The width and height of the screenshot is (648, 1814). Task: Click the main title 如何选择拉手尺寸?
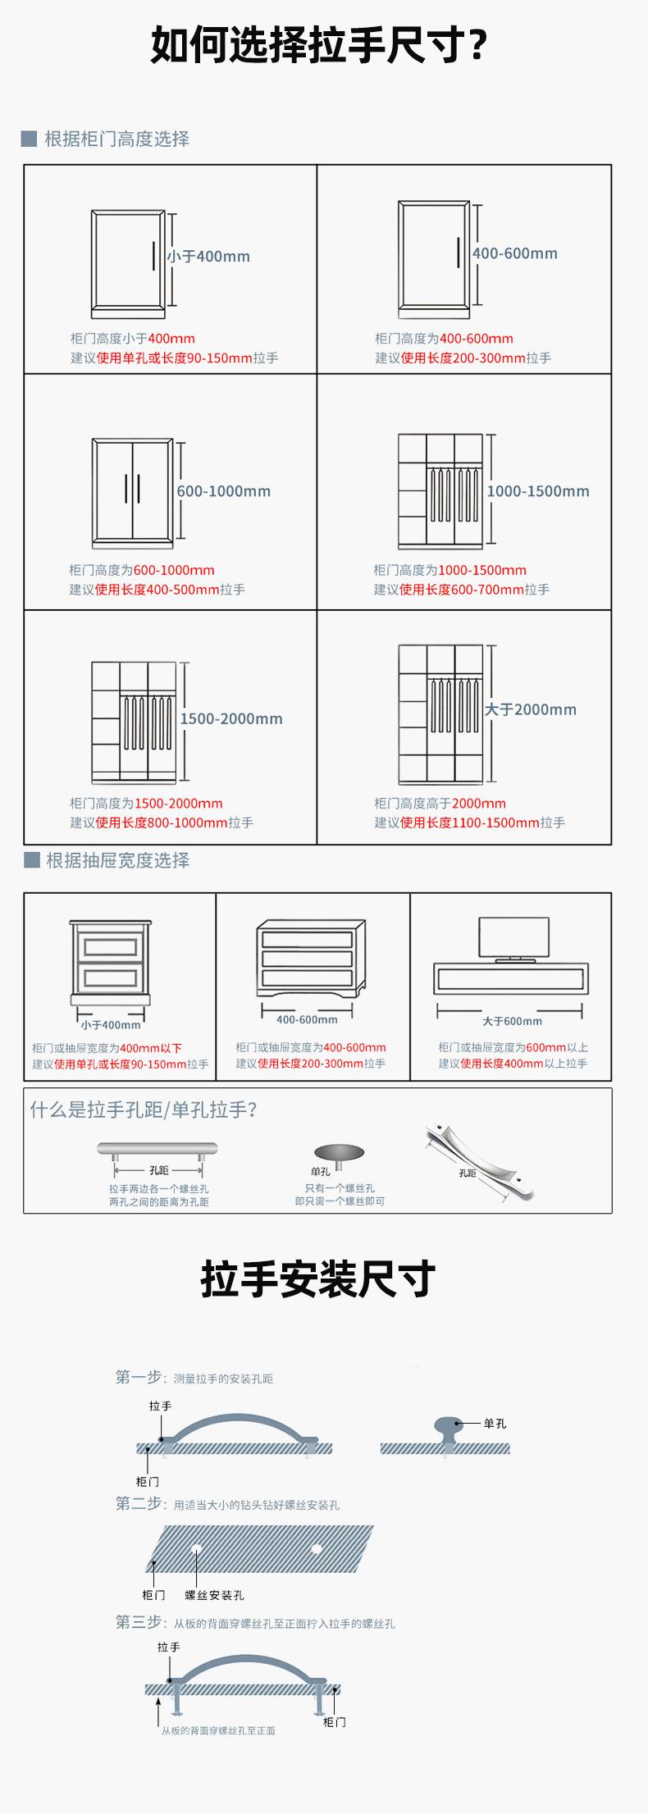click(x=319, y=45)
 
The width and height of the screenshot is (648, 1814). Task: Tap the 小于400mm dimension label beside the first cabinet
click(x=208, y=257)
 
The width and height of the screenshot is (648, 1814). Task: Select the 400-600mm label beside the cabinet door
click(x=515, y=253)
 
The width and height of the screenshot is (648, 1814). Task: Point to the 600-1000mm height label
click(x=224, y=491)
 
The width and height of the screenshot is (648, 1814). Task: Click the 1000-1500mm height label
click(x=538, y=491)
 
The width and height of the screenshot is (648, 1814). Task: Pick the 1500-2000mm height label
click(x=231, y=718)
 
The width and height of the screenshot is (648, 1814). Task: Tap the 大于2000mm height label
click(x=531, y=709)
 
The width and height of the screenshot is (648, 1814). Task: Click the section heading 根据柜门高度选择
click(x=116, y=139)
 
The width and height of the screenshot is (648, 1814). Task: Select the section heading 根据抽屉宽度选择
click(x=117, y=860)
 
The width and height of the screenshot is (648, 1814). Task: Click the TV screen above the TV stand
click(x=514, y=937)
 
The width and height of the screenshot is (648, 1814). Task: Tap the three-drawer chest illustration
click(x=311, y=959)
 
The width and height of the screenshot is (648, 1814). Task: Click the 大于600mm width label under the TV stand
click(x=512, y=1021)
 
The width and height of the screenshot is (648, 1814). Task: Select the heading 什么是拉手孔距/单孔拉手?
click(x=144, y=1110)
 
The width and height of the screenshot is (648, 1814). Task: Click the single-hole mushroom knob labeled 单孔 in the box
click(x=339, y=1153)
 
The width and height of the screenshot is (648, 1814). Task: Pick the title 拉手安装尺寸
click(x=318, y=1279)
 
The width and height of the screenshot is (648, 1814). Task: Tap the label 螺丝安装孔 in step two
click(x=214, y=1595)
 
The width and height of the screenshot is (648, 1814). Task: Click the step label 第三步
click(x=139, y=1622)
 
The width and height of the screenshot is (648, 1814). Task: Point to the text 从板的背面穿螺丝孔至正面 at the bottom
click(x=218, y=1730)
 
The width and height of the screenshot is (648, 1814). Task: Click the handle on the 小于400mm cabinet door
click(x=153, y=255)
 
